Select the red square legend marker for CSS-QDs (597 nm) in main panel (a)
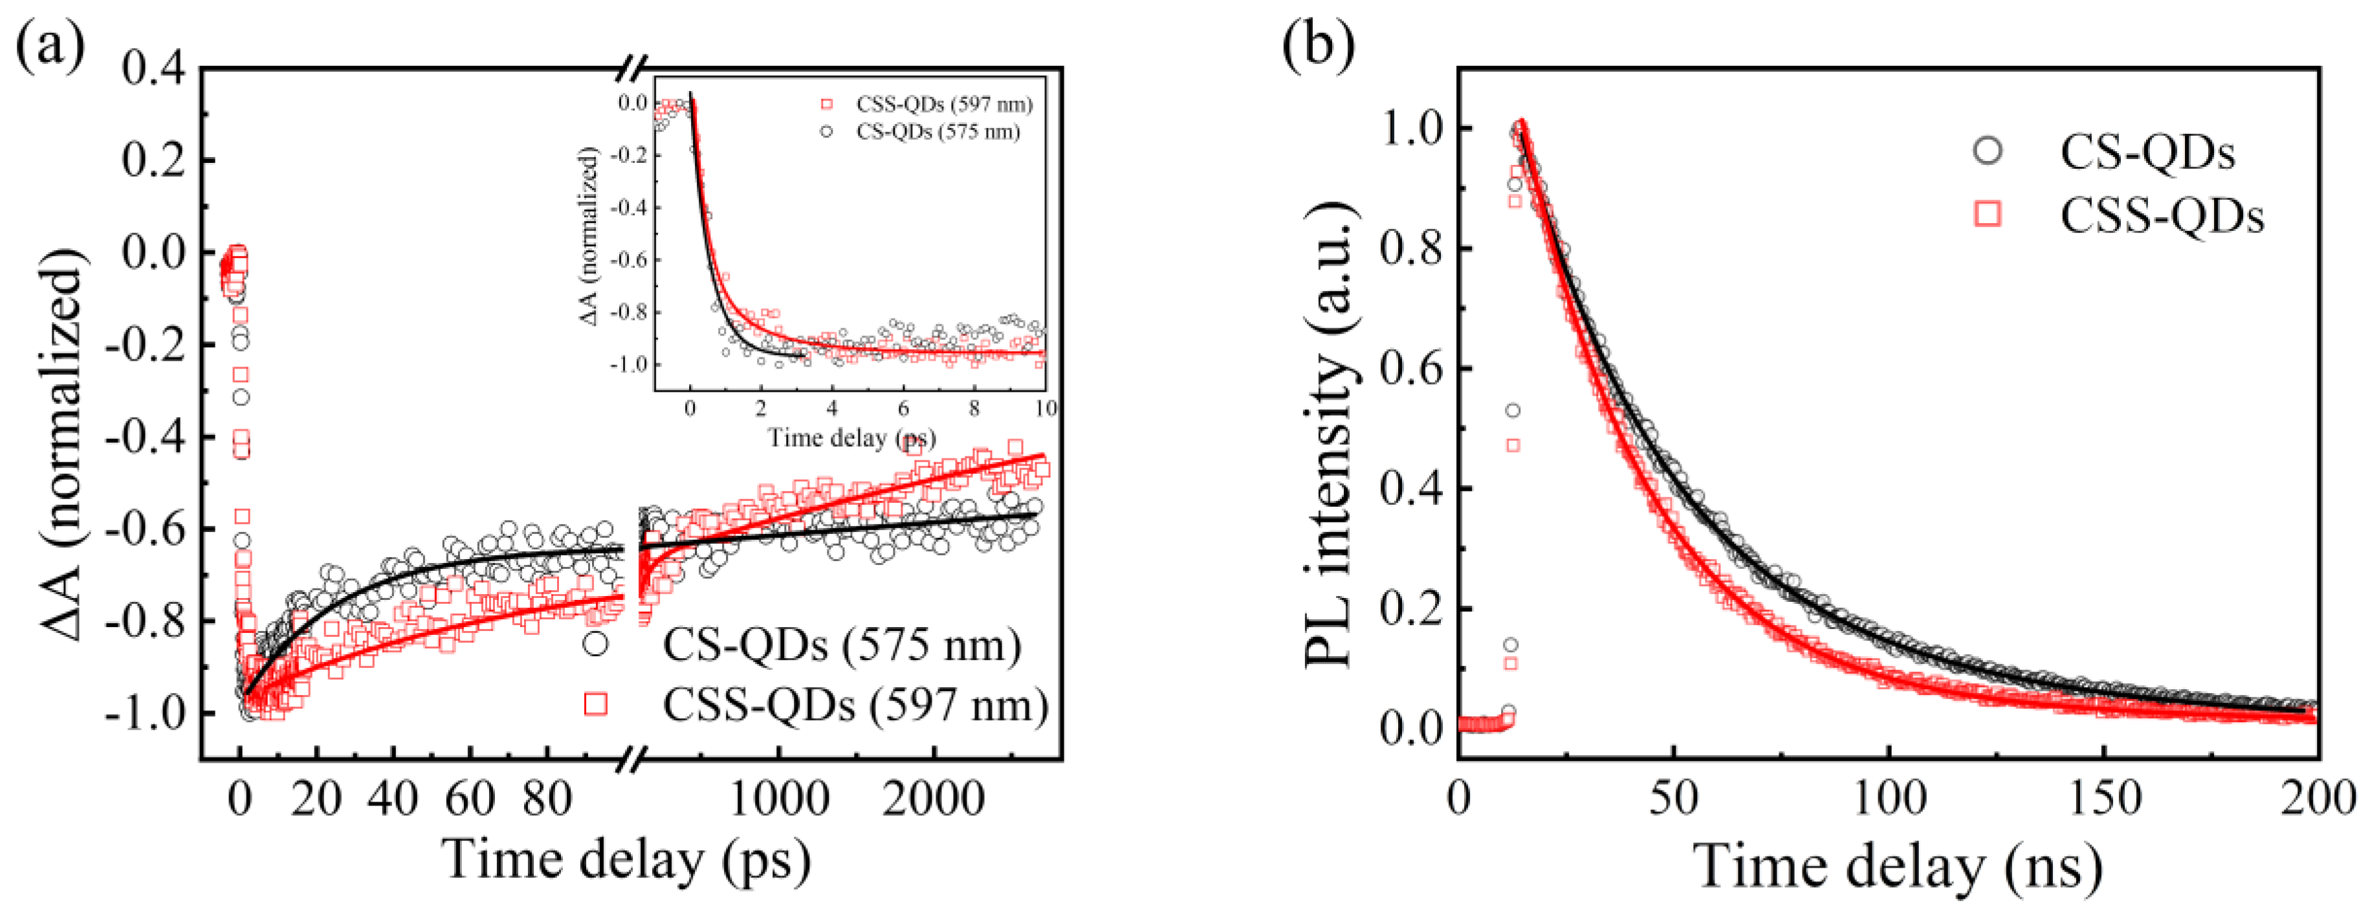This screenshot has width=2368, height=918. point(596,704)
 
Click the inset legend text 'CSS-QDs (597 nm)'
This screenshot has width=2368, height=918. point(944,105)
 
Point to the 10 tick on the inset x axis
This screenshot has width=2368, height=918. point(1044,408)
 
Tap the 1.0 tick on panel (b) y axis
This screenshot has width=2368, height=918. point(1415,129)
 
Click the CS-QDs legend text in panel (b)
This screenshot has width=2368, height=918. point(2147,153)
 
